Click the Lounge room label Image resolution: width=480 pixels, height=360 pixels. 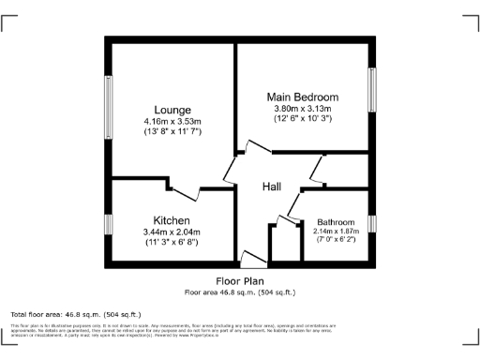pyautogui.click(x=173, y=110)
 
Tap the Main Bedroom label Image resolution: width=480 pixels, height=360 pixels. pyautogui.click(x=303, y=97)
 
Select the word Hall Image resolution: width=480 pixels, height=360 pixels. pyautogui.click(x=272, y=187)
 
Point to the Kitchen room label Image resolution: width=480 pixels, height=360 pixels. pyautogui.click(x=172, y=220)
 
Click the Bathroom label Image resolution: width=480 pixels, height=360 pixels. pyautogui.click(x=335, y=222)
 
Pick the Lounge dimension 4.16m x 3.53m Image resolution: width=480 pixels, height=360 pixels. pyautogui.click(x=173, y=122)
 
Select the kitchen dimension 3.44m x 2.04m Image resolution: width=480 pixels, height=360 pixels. pyautogui.click(x=172, y=232)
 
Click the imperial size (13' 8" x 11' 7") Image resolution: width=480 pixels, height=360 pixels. pyautogui.click(x=173, y=132)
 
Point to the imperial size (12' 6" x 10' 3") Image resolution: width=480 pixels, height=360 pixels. pyautogui.click(x=303, y=118)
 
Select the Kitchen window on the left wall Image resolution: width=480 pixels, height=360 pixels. pyautogui.click(x=108, y=225)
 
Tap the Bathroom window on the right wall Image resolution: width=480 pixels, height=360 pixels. pyautogui.click(x=371, y=223)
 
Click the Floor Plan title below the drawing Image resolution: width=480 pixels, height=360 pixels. pyautogui.click(x=240, y=280)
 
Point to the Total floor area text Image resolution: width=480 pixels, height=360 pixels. pyautogui.click(x=75, y=313)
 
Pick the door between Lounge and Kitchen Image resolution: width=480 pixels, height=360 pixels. pyautogui.click(x=187, y=191)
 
